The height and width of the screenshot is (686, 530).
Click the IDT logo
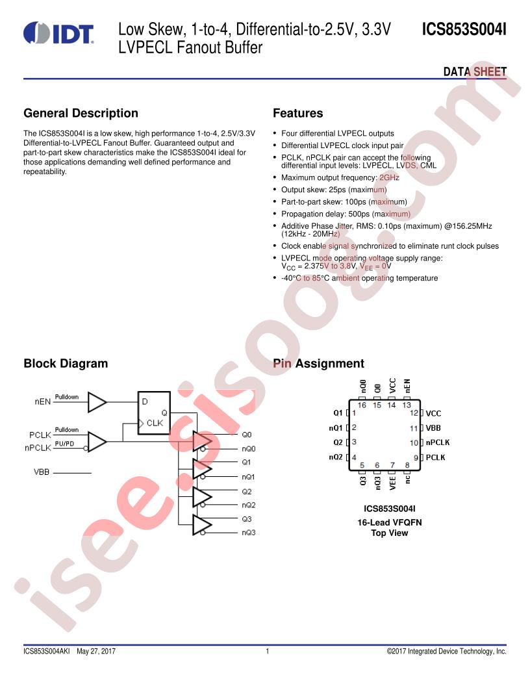(x=58, y=33)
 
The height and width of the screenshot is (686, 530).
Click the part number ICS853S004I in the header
(x=464, y=29)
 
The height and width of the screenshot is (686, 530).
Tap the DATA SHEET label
(x=475, y=71)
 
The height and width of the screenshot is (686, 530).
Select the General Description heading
(x=81, y=113)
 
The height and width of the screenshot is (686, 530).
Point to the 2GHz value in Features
(x=389, y=177)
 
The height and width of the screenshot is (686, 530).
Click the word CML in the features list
(x=428, y=166)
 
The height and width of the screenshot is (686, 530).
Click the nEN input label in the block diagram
(x=43, y=401)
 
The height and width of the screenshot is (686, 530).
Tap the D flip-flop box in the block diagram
(x=154, y=413)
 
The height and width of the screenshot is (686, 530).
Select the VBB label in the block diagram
(x=42, y=472)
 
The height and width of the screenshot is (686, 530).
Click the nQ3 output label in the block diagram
(x=248, y=533)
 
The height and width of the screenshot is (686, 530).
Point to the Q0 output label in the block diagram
(x=247, y=435)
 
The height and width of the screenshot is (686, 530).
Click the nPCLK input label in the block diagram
(x=38, y=448)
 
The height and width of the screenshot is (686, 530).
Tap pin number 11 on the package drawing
(x=414, y=428)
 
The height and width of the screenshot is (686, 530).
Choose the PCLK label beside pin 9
(x=435, y=457)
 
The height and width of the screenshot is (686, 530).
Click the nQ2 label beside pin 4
(x=336, y=457)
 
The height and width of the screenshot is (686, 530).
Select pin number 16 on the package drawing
(x=362, y=405)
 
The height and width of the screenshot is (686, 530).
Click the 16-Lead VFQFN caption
(x=390, y=522)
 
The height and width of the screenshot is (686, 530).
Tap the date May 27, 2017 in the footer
(x=96, y=651)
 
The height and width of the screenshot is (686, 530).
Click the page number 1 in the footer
(x=267, y=651)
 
